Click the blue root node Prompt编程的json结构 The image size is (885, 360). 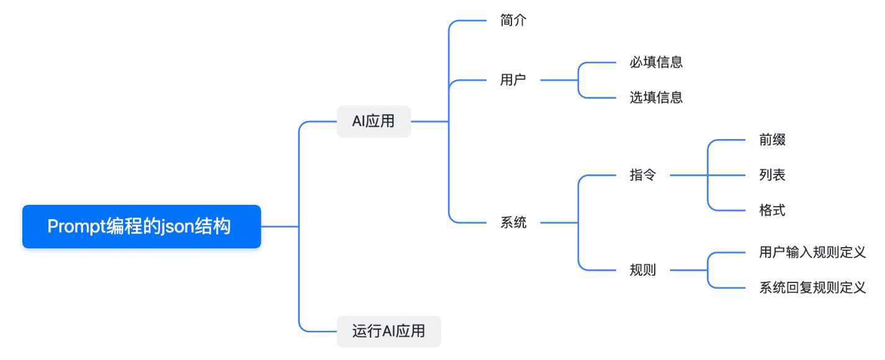[x=142, y=227]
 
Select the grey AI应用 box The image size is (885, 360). [x=374, y=122]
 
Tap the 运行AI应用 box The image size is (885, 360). [x=389, y=331]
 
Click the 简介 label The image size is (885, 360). [x=513, y=20]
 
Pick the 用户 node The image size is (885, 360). [x=513, y=80]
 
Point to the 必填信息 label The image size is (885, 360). [x=656, y=62]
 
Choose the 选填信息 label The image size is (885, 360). [x=656, y=97]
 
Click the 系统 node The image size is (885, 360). [x=513, y=223]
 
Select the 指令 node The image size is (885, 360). [x=642, y=175]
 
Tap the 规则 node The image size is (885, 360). [x=642, y=271]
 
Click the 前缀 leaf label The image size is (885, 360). [x=772, y=140]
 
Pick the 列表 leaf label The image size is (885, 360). [x=772, y=175]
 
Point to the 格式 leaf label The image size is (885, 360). [x=772, y=210]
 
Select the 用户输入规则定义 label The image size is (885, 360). [x=812, y=253]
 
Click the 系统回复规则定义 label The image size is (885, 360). [x=812, y=288]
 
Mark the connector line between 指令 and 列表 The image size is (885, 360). [x=689, y=175]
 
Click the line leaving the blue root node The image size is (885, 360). [x=279, y=227]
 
